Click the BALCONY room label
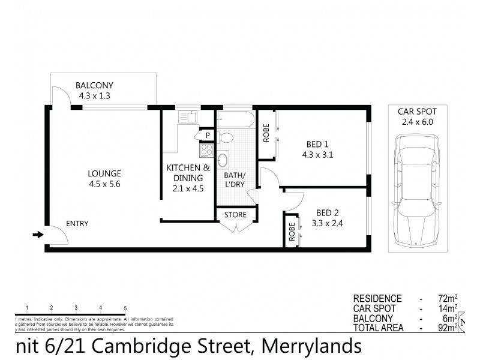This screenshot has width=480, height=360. pyautogui.click(x=94, y=85)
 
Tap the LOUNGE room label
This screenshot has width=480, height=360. pyautogui.click(x=104, y=174)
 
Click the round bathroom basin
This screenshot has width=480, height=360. pyautogui.click(x=223, y=160)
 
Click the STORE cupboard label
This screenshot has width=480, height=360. pyautogui.click(x=235, y=215)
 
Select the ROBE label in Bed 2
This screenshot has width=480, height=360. pyautogui.click(x=292, y=232)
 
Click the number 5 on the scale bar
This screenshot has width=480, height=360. pyautogui.click(x=125, y=308)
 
